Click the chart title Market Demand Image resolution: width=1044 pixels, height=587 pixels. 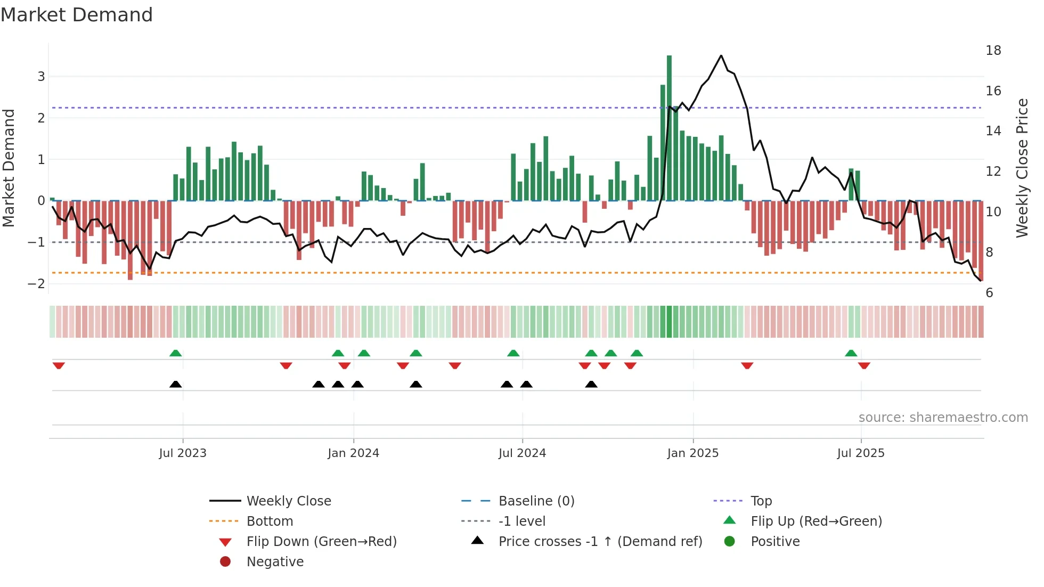tap(77, 15)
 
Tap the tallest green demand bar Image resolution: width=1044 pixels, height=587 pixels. tap(669, 128)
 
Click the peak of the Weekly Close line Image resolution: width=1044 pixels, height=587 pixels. tap(721, 56)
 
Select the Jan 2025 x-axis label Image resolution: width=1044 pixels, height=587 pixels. tap(692, 453)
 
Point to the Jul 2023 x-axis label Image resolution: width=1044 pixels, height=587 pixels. tap(183, 453)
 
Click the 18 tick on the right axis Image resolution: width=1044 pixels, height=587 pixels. tap(993, 51)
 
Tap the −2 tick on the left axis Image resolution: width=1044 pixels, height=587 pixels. tap(37, 284)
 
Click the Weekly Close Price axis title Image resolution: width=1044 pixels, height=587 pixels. tap(1022, 168)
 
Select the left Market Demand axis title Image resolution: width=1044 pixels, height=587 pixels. tap(9, 168)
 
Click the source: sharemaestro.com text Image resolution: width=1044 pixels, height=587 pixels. tap(943, 418)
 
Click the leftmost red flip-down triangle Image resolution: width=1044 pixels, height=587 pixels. tap(59, 365)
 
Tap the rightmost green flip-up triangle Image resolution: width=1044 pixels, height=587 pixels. tap(851, 353)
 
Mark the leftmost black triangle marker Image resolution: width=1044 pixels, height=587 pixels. tap(175, 384)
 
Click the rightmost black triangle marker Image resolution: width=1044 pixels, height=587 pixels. tap(591, 384)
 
